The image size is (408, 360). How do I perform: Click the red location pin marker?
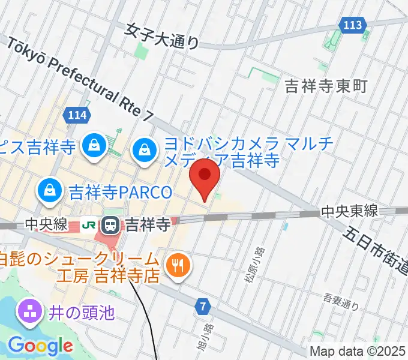click(x=205, y=176)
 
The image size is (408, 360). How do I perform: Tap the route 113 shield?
click(x=353, y=25)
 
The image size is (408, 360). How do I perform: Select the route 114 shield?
click(x=79, y=115)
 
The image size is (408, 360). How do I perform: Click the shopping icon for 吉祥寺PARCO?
click(x=47, y=191)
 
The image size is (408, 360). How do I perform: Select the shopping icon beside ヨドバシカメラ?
click(x=145, y=147)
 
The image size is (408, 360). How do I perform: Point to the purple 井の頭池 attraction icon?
click(x=28, y=312)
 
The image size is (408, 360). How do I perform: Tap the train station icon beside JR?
click(x=111, y=225)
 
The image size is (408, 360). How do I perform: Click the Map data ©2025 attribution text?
click(x=358, y=351)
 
